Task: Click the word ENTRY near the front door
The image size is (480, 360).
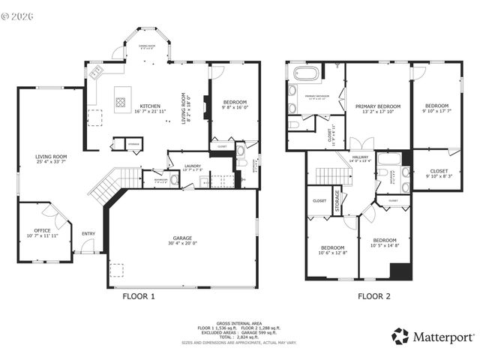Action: pos(88,233)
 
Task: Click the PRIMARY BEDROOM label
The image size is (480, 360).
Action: pos(377,106)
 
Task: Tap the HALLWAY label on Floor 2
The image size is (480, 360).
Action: pos(361,155)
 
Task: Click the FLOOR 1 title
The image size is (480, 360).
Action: pos(139,296)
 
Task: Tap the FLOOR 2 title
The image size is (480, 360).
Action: pos(373,296)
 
